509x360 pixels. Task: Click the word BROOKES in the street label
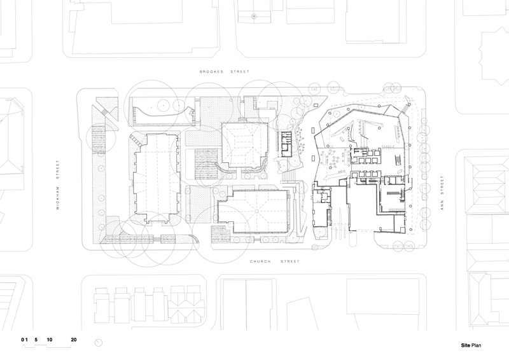click(x=211, y=71)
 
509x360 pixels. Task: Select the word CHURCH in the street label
click(x=260, y=261)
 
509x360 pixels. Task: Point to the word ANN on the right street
click(x=442, y=205)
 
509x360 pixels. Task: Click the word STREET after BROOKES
click(x=240, y=71)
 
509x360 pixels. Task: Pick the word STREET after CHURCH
click(x=290, y=261)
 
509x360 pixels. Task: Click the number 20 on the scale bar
click(x=74, y=340)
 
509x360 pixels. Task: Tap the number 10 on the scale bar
click(x=50, y=340)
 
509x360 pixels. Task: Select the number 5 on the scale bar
click(x=36, y=340)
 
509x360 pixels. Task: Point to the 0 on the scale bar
click(x=23, y=340)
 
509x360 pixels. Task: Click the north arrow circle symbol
click(x=99, y=342)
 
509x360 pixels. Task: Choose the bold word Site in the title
click(x=466, y=345)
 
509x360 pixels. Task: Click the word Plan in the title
click(x=476, y=345)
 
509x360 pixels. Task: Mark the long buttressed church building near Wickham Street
click(x=157, y=179)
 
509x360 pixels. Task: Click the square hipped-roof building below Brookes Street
click(x=245, y=145)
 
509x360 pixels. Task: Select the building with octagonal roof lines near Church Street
click(x=253, y=212)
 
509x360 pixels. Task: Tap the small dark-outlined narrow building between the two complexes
click(x=286, y=144)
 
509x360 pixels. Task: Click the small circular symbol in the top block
click(x=254, y=15)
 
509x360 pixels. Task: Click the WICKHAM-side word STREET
click(x=58, y=170)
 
